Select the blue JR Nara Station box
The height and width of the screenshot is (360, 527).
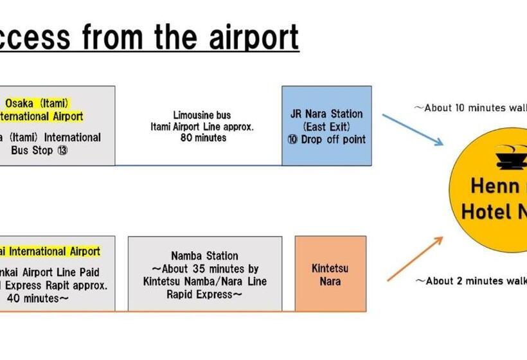(326, 126)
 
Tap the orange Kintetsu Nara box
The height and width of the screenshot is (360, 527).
(330, 274)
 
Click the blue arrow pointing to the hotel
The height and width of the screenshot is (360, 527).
(412, 129)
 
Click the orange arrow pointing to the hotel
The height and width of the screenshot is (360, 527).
(415, 258)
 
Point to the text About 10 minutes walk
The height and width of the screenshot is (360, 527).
(472, 107)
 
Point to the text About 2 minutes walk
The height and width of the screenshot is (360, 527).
(472, 281)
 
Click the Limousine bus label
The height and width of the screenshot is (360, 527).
(199, 114)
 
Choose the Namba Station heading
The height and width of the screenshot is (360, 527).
(204, 256)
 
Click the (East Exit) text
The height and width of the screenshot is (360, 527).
(326, 127)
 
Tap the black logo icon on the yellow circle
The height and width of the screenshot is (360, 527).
(510, 156)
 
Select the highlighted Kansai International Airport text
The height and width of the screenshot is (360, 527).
(51, 251)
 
